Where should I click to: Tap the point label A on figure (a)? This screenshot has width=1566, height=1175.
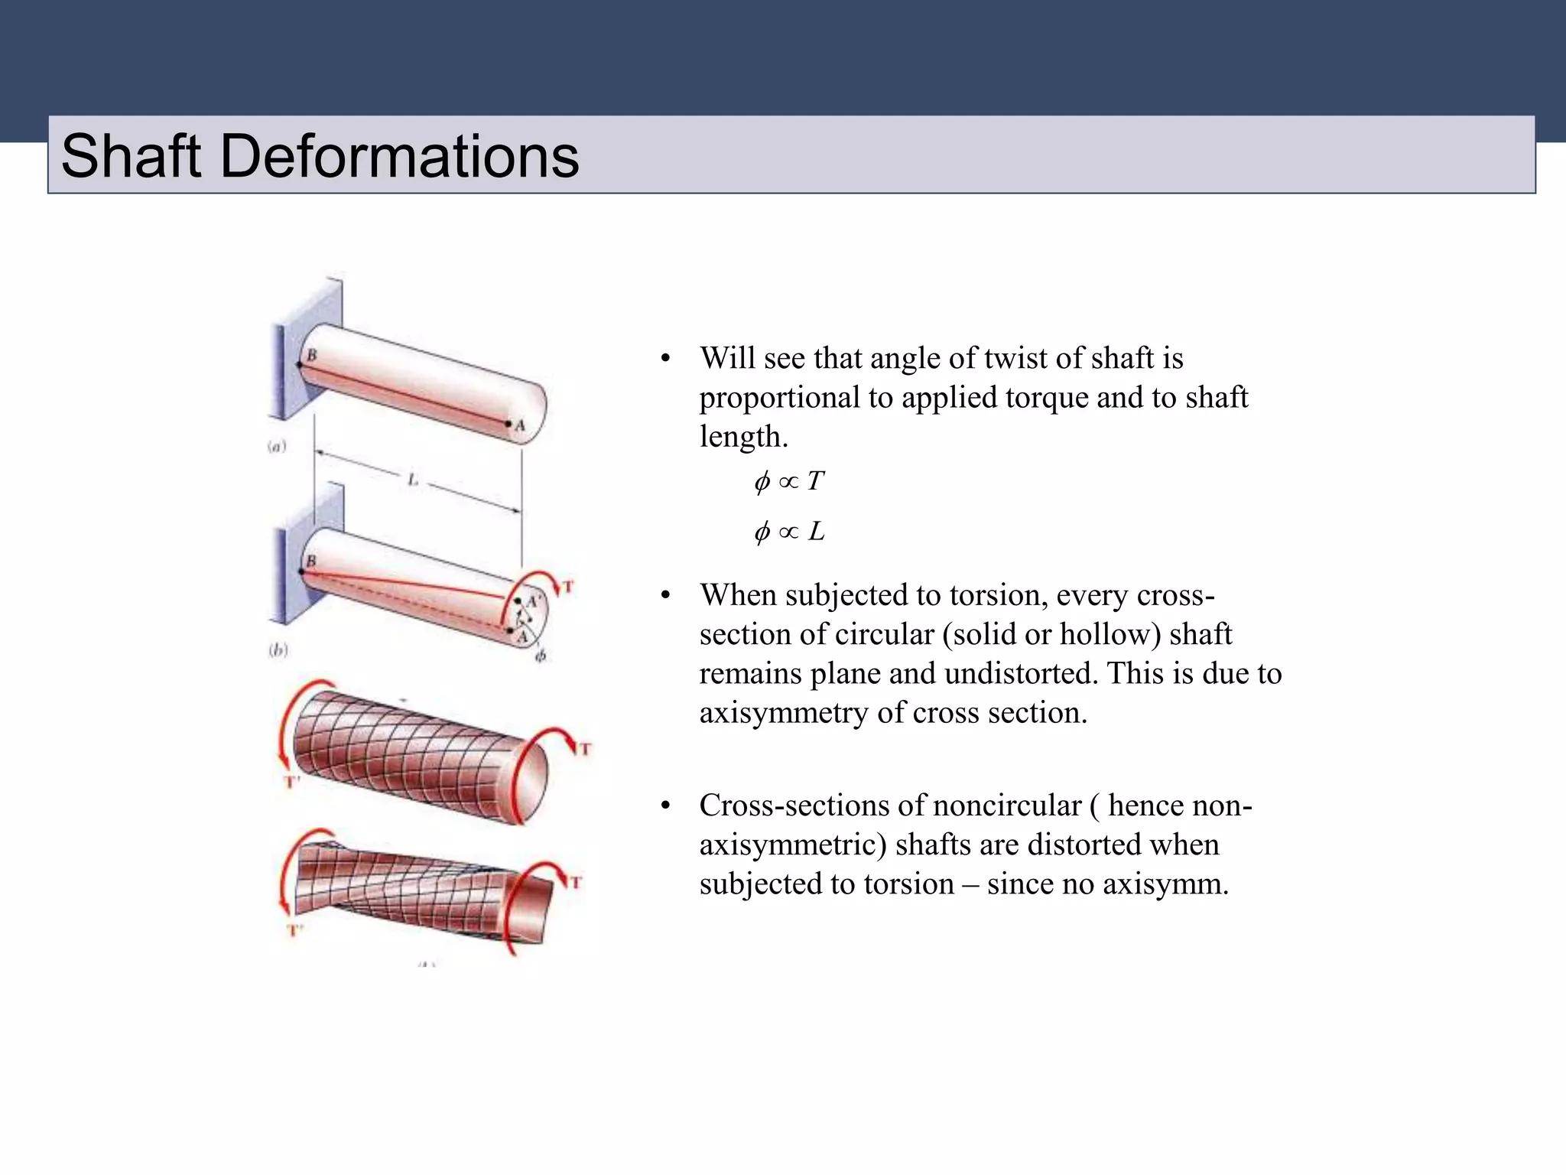click(521, 425)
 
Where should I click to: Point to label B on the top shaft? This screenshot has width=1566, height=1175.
click(311, 355)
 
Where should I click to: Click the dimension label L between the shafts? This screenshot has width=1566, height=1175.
click(413, 480)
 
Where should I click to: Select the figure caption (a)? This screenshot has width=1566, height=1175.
click(277, 446)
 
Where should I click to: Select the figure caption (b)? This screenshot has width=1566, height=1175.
click(278, 650)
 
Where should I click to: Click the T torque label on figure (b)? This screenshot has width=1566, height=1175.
click(567, 587)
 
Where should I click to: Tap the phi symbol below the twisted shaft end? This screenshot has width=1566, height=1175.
click(540, 656)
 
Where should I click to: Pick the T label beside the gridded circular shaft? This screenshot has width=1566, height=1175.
click(585, 748)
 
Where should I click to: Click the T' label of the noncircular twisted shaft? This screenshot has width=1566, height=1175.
click(295, 930)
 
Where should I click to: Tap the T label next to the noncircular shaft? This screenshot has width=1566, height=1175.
click(576, 882)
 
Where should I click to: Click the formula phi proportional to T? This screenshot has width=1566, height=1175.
click(789, 481)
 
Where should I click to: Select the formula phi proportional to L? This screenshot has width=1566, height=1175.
click(789, 531)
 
